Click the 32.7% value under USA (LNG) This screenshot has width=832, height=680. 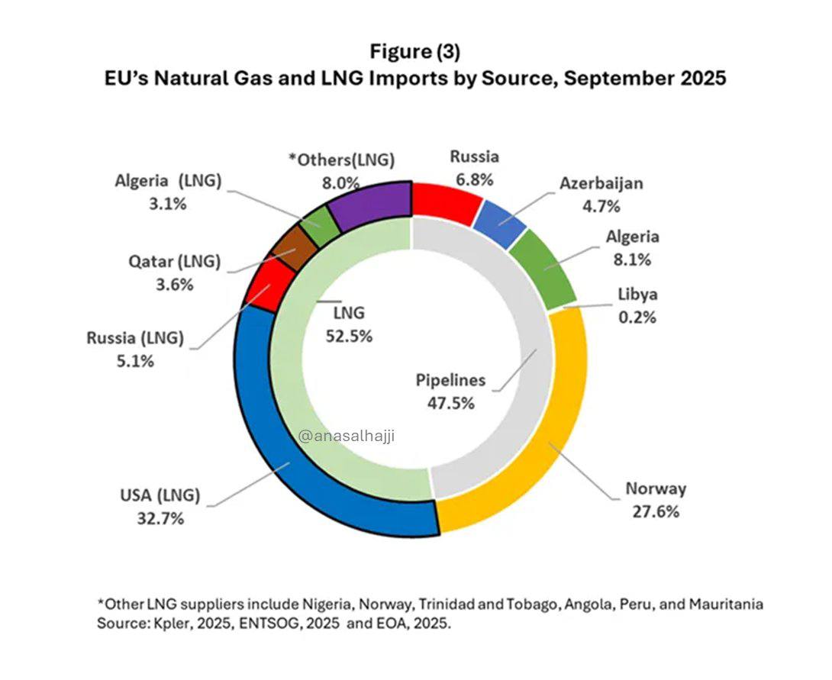pyautogui.click(x=159, y=519)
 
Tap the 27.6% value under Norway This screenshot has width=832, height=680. pyautogui.click(x=656, y=511)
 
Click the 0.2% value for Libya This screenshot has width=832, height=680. pyautogui.click(x=637, y=317)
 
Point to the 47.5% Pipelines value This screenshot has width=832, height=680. pyautogui.click(x=450, y=402)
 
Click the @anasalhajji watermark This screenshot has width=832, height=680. pyautogui.click(x=347, y=436)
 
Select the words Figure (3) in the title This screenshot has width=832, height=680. pyautogui.click(x=414, y=52)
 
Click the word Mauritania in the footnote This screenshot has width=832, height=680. pyautogui.click(x=724, y=604)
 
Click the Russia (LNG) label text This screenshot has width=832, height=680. pyautogui.click(x=134, y=338)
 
